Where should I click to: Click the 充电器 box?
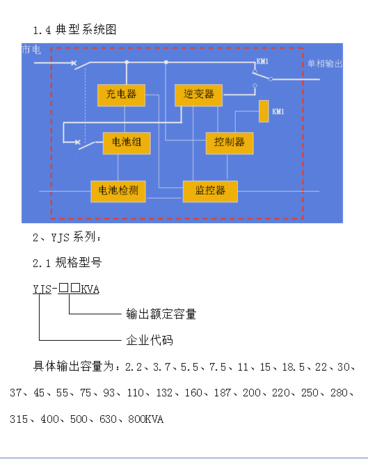point(121,95)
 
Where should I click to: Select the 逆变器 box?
point(198,95)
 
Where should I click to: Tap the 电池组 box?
point(127,143)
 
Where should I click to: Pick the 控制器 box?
point(230,143)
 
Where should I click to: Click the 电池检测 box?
point(118,191)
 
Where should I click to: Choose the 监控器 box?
point(210,191)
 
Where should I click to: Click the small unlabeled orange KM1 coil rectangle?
point(264,111)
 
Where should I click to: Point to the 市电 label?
point(31,49)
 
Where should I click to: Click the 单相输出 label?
point(325,63)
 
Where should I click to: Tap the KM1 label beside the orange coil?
point(278,111)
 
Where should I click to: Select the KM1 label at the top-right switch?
point(262,61)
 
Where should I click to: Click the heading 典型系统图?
point(86,30)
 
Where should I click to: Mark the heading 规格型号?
point(79,263)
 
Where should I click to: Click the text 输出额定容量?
point(161,314)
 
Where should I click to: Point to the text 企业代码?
point(150,341)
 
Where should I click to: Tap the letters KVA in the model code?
point(90,289)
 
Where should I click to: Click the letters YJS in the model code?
point(42,289)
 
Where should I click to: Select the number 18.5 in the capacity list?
point(294,367)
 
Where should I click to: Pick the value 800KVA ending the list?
point(145,419)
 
